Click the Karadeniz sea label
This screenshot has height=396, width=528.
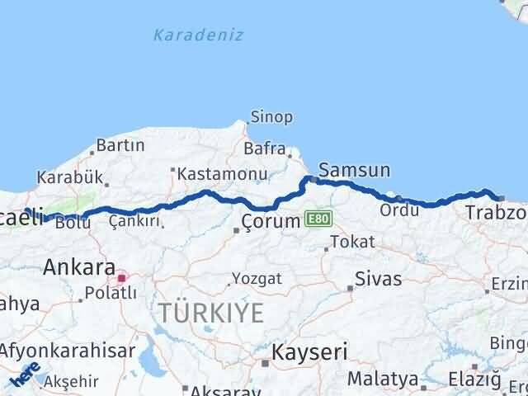186,35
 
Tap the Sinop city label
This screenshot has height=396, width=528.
271,117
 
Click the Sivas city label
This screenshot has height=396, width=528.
379,278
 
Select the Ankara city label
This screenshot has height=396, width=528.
78,266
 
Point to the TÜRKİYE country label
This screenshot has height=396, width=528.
212,313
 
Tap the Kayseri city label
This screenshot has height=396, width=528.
311,352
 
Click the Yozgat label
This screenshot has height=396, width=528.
257,278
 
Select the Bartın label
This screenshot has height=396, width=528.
120,145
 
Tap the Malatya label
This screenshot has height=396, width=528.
383,379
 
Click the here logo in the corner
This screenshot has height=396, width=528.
25,375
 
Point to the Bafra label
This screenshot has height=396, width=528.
263,149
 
